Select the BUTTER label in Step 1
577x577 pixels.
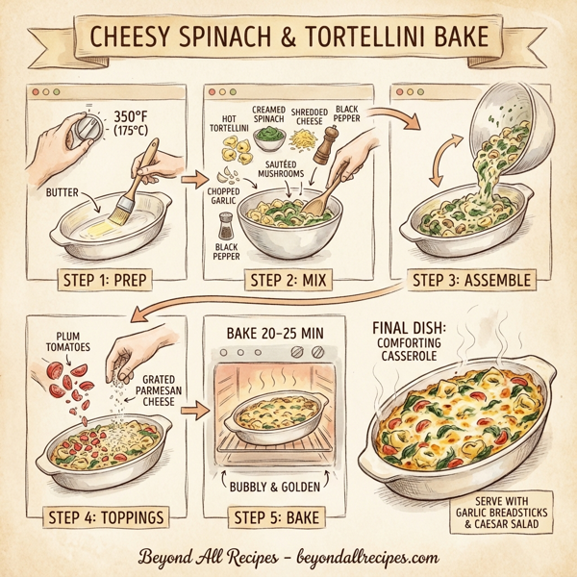[64, 192]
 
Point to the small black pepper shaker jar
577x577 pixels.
[228, 230]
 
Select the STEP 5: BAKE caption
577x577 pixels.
[277, 519]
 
